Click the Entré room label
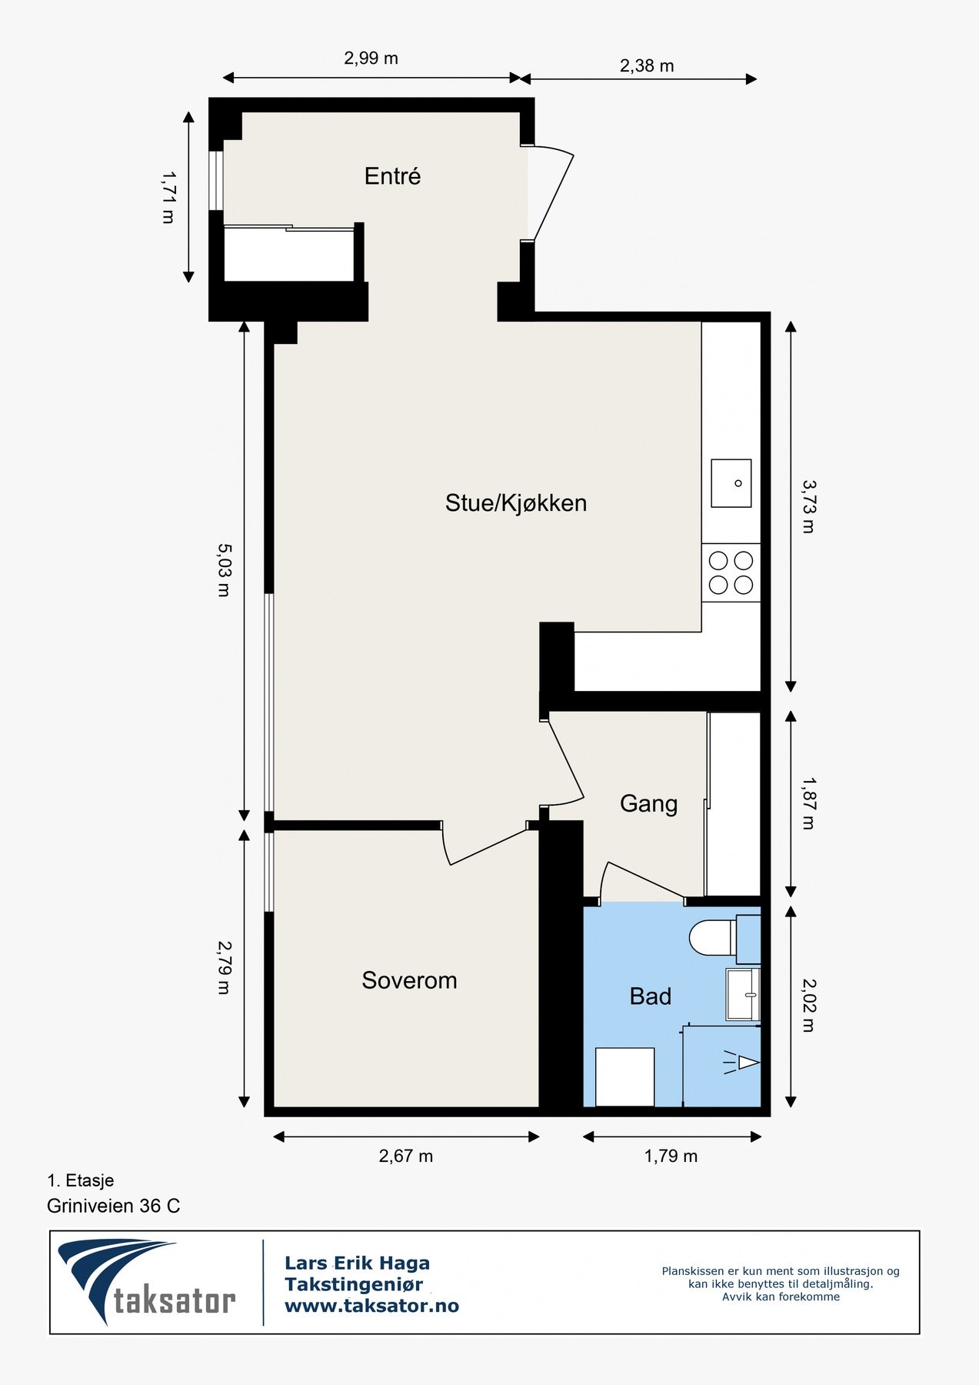(x=392, y=176)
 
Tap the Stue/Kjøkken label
(x=516, y=503)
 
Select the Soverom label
(x=409, y=980)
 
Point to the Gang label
(x=648, y=804)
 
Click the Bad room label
(x=651, y=996)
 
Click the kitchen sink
(x=731, y=483)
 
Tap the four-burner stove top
(x=731, y=572)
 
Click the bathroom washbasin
(x=743, y=995)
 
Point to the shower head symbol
(x=741, y=1063)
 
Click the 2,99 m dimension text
(x=371, y=58)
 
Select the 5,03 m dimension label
(x=223, y=570)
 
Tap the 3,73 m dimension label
(x=808, y=507)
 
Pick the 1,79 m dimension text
(x=671, y=1156)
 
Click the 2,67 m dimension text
(x=406, y=1156)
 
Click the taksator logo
(x=146, y=1281)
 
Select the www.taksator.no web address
(x=371, y=1306)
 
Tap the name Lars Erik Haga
(x=357, y=1263)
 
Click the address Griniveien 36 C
(x=114, y=1206)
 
